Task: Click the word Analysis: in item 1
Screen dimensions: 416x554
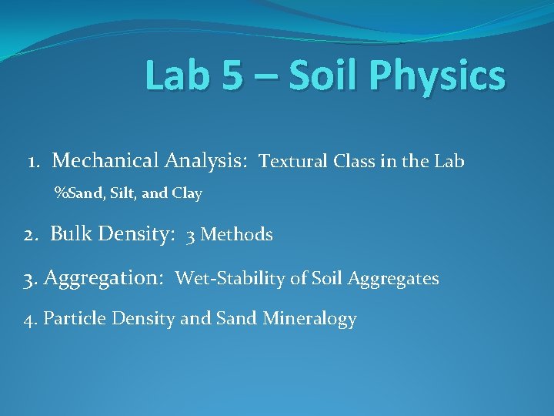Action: coord(205,161)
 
